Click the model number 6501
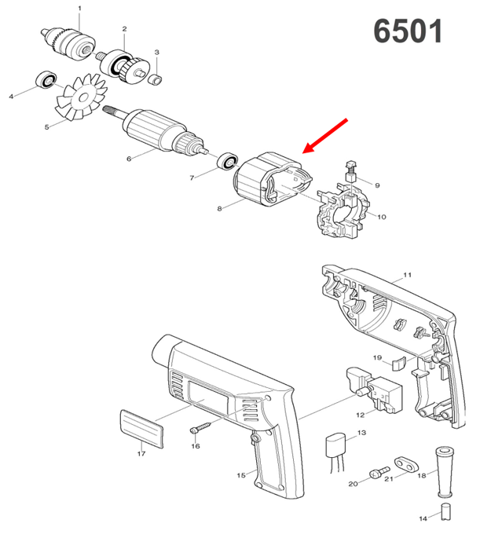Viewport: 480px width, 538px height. click(408, 31)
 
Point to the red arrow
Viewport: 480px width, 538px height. click(325, 136)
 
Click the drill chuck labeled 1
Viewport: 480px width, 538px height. click(68, 42)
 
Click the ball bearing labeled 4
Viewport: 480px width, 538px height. click(46, 80)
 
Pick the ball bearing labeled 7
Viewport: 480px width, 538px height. click(228, 160)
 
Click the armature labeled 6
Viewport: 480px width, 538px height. click(156, 131)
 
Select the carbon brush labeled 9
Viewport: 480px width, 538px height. click(350, 170)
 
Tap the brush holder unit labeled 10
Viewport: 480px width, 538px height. click(344, 210)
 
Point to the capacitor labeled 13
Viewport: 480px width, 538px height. click(335, 450)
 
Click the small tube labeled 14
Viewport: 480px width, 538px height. click(445, 511)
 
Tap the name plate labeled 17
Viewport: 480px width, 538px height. click(141, 429)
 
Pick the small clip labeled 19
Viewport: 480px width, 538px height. click(399, 364)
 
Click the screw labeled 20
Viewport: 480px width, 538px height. click(379, 472)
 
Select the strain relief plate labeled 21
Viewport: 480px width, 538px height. click(407, 464)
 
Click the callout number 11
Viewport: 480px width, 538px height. click(407, 275)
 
